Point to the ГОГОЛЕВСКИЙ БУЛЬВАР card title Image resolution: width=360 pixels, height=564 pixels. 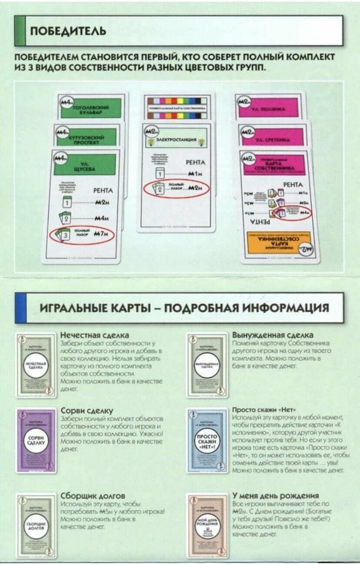(x=92, y=108)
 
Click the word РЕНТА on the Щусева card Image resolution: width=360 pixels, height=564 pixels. (x=103, y=191)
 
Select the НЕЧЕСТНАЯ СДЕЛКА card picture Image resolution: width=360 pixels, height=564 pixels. (x=36, y=365)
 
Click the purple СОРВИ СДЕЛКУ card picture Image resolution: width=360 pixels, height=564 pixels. (x=36, y=440)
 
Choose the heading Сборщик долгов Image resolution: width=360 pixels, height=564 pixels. (x=93, y=496)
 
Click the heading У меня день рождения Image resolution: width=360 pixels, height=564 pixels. (x=276, y=496)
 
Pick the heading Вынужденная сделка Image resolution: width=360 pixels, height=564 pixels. (x=273, y=335)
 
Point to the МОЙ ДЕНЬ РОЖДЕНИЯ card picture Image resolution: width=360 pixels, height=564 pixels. (x=207, y=525)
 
